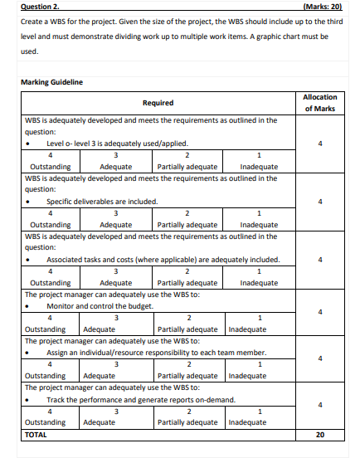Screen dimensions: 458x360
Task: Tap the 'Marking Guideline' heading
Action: tap(50, 81)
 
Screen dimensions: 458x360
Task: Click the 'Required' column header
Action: tap(158, 103)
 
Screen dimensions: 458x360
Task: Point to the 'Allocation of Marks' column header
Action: tap(320, 103)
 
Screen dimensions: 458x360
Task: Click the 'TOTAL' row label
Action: tap(37, 434)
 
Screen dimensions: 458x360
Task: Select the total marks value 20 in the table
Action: tap(320, 434)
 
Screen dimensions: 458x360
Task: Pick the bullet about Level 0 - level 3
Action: tap(104, 143)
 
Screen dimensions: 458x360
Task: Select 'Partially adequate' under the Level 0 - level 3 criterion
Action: tap(187, 166)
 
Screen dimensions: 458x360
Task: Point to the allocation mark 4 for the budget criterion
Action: tap(320, 312)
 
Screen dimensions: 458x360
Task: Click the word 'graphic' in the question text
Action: tap(275, 37)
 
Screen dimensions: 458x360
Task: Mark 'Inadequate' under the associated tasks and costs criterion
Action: tap(259, 282)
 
